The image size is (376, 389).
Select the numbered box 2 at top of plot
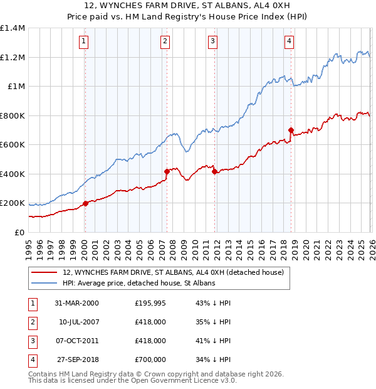165,42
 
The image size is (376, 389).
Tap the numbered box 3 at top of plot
212,42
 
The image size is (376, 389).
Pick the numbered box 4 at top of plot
289,42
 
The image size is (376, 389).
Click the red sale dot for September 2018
291,131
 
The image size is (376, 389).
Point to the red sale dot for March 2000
85,203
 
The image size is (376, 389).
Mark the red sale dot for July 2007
167,171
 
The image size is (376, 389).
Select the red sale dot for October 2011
214,171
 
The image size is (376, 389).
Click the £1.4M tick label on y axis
13,28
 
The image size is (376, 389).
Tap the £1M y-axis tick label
15,87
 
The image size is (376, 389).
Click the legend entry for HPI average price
139,284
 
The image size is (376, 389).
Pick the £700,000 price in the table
150,360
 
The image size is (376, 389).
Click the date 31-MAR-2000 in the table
76,303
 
